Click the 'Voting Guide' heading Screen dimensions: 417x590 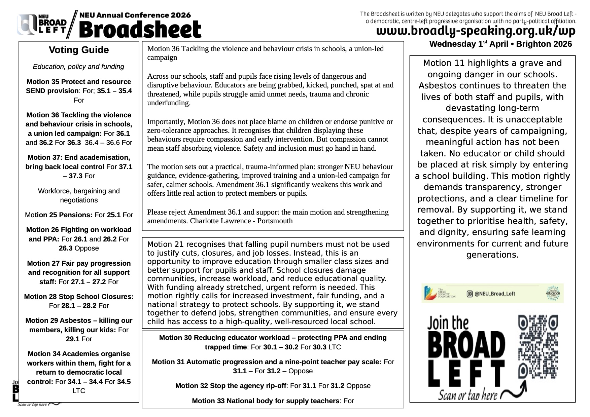79,50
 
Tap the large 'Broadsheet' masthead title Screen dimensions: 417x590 140,30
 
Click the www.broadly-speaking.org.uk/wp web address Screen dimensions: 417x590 476,31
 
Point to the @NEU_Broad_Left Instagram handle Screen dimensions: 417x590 494,294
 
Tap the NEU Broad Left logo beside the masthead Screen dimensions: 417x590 42,25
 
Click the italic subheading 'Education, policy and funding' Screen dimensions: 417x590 78,67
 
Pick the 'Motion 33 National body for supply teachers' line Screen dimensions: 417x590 266,401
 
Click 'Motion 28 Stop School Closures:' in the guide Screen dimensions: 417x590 79,297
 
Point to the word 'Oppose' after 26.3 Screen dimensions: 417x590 86,248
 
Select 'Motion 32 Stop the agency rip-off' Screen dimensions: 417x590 231,386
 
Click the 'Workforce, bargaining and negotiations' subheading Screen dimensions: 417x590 79,195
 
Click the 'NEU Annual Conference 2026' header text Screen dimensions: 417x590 135,15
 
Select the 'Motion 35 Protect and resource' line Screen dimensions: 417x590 79,82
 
